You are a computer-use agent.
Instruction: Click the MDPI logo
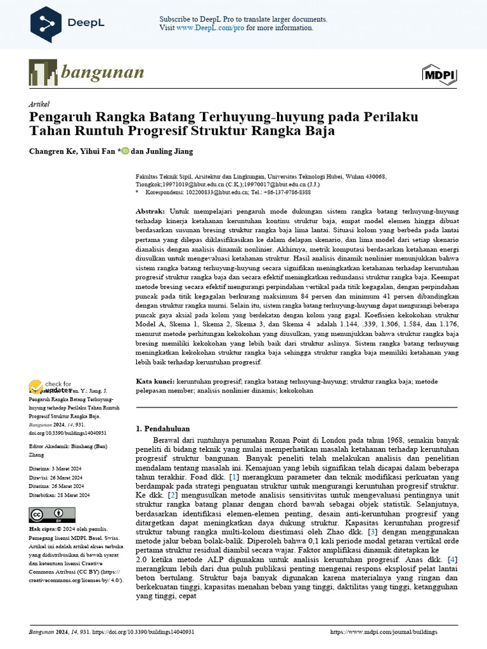439,75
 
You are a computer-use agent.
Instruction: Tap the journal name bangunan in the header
102,72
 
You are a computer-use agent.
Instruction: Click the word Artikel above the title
39,104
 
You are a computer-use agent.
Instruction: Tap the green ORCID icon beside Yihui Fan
125,151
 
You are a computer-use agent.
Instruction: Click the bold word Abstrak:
150,210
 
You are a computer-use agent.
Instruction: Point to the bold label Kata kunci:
155,382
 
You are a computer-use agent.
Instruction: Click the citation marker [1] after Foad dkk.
234,476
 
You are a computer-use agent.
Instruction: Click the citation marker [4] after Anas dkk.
451,559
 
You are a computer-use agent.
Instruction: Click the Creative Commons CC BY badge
52,515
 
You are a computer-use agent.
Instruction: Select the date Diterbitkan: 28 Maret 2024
60,495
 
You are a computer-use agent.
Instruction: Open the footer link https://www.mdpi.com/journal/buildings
393,632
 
